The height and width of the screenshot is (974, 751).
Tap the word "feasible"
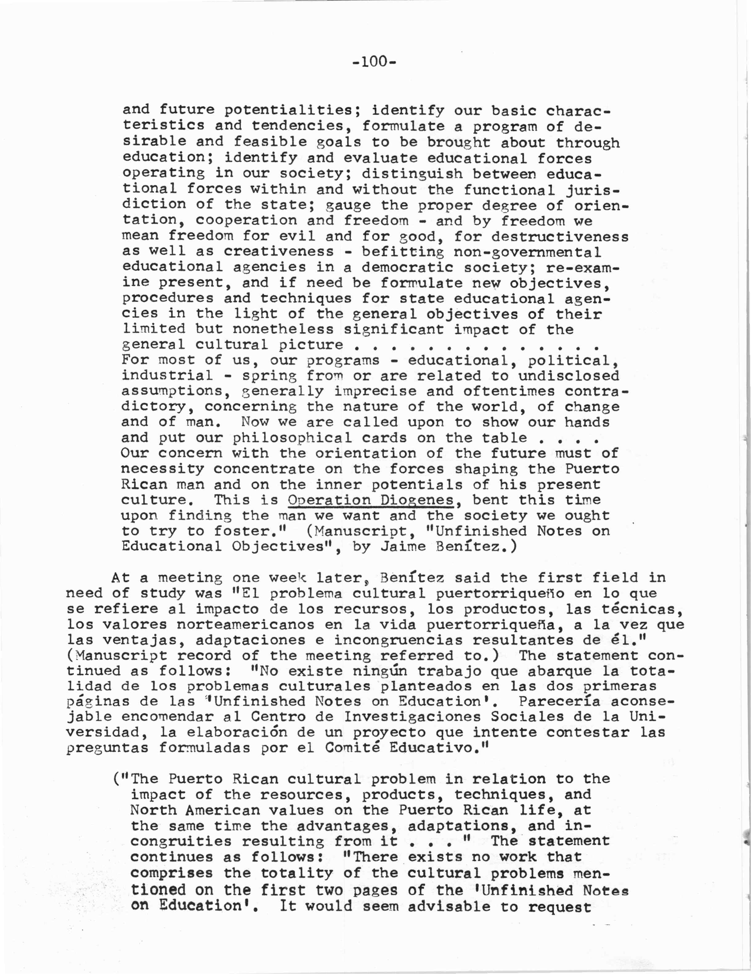point(270,142)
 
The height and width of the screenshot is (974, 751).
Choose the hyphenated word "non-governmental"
point(527,252)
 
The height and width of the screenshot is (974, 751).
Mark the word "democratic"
point(408,267)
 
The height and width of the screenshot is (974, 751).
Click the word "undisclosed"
point(569,376)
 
